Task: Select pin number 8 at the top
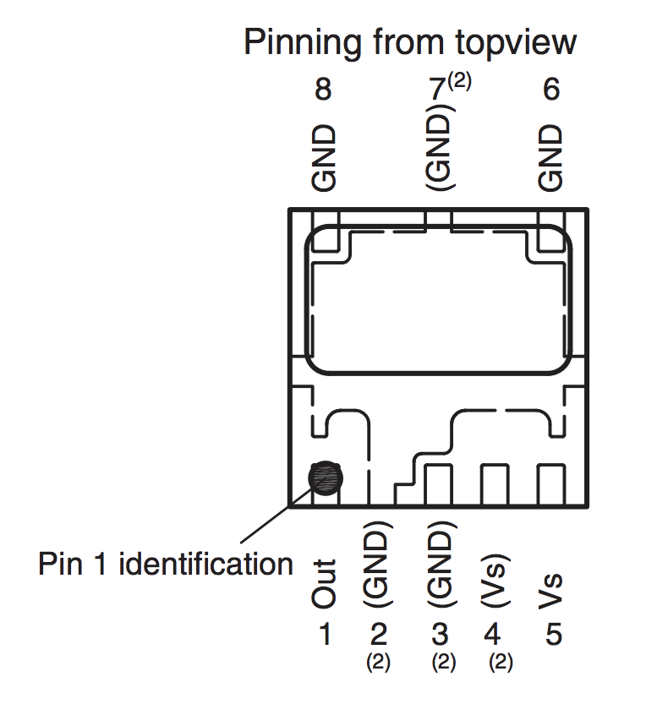click(x=323, y=90)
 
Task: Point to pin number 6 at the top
click(x=550, y=90)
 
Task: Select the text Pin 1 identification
click(x=166, y=564)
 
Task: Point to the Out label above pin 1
click(x=324, y=583)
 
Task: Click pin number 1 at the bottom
click(x=324, y=634)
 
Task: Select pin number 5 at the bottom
click(x=553, y=634)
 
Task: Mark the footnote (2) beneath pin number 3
click(x=443, y=663)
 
